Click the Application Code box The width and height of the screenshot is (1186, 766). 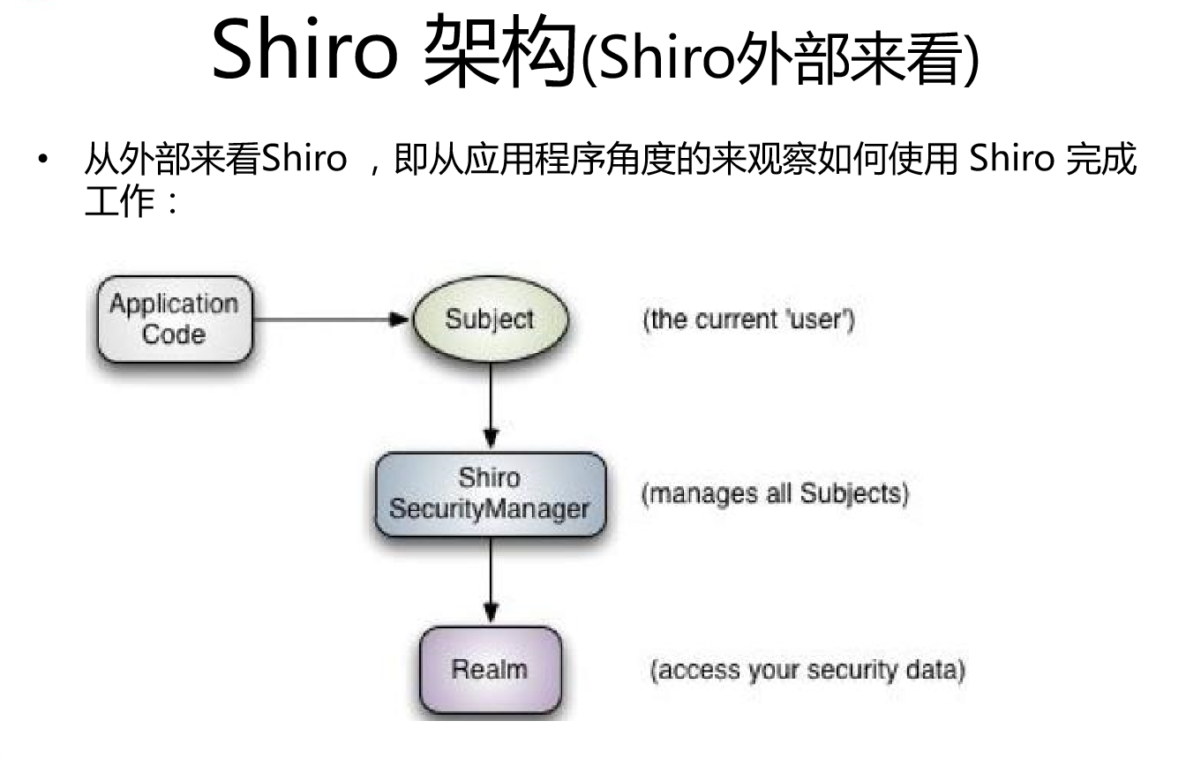174,319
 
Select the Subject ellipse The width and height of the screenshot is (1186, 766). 489,319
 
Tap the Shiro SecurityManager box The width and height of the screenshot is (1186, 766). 489,494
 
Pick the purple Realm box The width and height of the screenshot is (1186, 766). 489,670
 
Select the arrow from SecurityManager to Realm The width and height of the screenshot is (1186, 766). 491,582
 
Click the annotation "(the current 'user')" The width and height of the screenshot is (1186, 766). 748,319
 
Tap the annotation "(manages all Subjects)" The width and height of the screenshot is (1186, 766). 774,493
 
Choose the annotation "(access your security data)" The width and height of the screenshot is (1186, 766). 807,670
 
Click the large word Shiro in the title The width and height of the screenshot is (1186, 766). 304,51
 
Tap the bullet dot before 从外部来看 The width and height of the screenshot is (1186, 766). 41,162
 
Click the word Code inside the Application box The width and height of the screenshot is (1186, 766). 173,335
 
